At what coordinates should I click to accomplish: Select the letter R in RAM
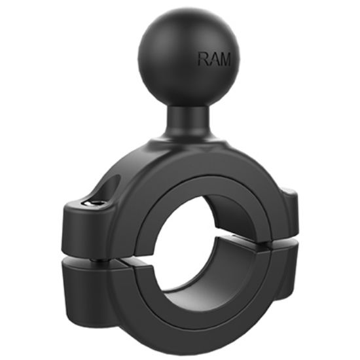pos(203,60)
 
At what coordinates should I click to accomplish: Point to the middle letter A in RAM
pos(213,60)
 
